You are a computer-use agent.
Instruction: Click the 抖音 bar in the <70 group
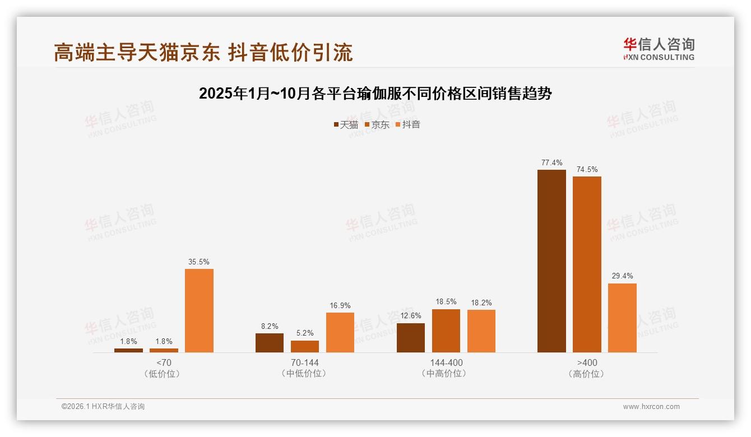199,310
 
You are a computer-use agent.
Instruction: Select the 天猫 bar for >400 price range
551,261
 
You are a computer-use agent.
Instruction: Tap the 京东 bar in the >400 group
587,264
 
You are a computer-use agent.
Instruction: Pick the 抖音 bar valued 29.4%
622,318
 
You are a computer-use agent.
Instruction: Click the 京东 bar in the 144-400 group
446,331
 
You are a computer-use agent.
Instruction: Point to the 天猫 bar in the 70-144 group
270,343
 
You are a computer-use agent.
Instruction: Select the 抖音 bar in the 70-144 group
340,332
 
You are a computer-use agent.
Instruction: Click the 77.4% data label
551,163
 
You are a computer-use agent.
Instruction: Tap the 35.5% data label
199,262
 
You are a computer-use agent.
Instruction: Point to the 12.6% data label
411,316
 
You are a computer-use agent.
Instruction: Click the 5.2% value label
305,333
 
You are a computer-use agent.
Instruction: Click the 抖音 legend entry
407,124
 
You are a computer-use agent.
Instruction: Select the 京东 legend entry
377,124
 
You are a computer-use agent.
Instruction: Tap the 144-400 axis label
446,362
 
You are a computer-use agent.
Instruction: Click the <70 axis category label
164,362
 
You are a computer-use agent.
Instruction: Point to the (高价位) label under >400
587,374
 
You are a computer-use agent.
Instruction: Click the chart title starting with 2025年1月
375,94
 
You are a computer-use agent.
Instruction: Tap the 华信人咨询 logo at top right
659,49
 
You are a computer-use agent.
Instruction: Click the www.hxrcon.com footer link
651,407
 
